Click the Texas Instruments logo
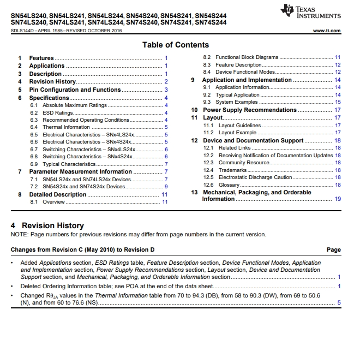click(x=310, y=12)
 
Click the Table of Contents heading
click(x=176, y=45)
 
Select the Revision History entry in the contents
click(x=52, y=82)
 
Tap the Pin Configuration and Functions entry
click(x=75, y=90)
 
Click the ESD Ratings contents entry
click(x=58, y=113)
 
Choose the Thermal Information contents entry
click(x=66, y=127)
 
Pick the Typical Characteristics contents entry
click(x=69, y=164)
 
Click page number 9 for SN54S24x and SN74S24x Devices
click(x=166, y=187)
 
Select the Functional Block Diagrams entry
click(x=247, y=57)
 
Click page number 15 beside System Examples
click(x=338, y=102)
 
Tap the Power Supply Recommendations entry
click(x=250, y=110)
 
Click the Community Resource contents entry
click(x=244, y=163)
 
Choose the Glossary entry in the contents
click(x=229, y=185)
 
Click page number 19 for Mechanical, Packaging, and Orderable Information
click(x=338, y=199)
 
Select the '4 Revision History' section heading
click(x=47, y=225)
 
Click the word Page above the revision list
click(x=333, y=249)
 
